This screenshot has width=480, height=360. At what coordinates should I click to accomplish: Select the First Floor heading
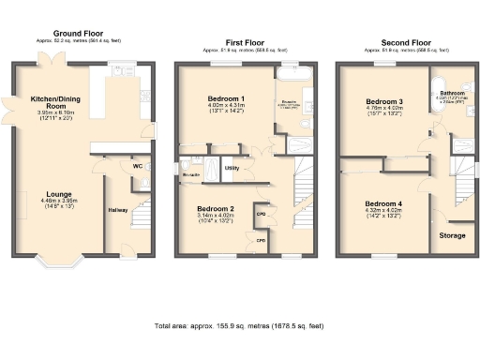(x=242, y=43)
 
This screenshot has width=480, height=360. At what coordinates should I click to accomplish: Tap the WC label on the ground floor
(x=137, y=167)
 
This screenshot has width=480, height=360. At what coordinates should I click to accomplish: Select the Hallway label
(x=117, y=210)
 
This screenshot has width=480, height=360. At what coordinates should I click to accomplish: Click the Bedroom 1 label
(x=227, y=98)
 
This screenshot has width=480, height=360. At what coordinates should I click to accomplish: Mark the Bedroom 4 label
(x=383, y=203)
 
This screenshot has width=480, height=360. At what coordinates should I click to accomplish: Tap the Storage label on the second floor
(x=452, y=235)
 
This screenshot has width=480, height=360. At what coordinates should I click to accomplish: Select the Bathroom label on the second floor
(x=453, y=93)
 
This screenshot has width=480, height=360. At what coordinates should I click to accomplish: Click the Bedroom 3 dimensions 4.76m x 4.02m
(x=384, y=113)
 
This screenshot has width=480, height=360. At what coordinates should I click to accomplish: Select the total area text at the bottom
(x=239, y=325)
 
